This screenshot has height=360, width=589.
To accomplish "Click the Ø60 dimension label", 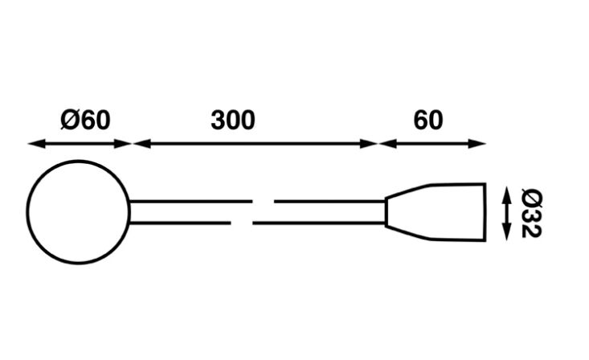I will click(84, 120).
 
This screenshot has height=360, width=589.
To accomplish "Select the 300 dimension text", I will click(233, 120).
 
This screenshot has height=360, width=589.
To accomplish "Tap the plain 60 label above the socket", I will click(428, 120).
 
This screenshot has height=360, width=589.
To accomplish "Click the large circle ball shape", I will click(78, 211).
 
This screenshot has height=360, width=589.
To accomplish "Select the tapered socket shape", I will click(438, 212).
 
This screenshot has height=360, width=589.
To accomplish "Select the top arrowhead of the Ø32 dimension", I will click(506, 193).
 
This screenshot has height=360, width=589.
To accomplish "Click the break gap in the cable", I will click(253, 211).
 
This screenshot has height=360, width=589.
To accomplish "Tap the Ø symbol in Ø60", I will click(69, 120).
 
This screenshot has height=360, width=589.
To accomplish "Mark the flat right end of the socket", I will click(486, 212).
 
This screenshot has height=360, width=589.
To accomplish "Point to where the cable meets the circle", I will click(130, 211).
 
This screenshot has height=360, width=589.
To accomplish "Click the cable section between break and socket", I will click(329, 211).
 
